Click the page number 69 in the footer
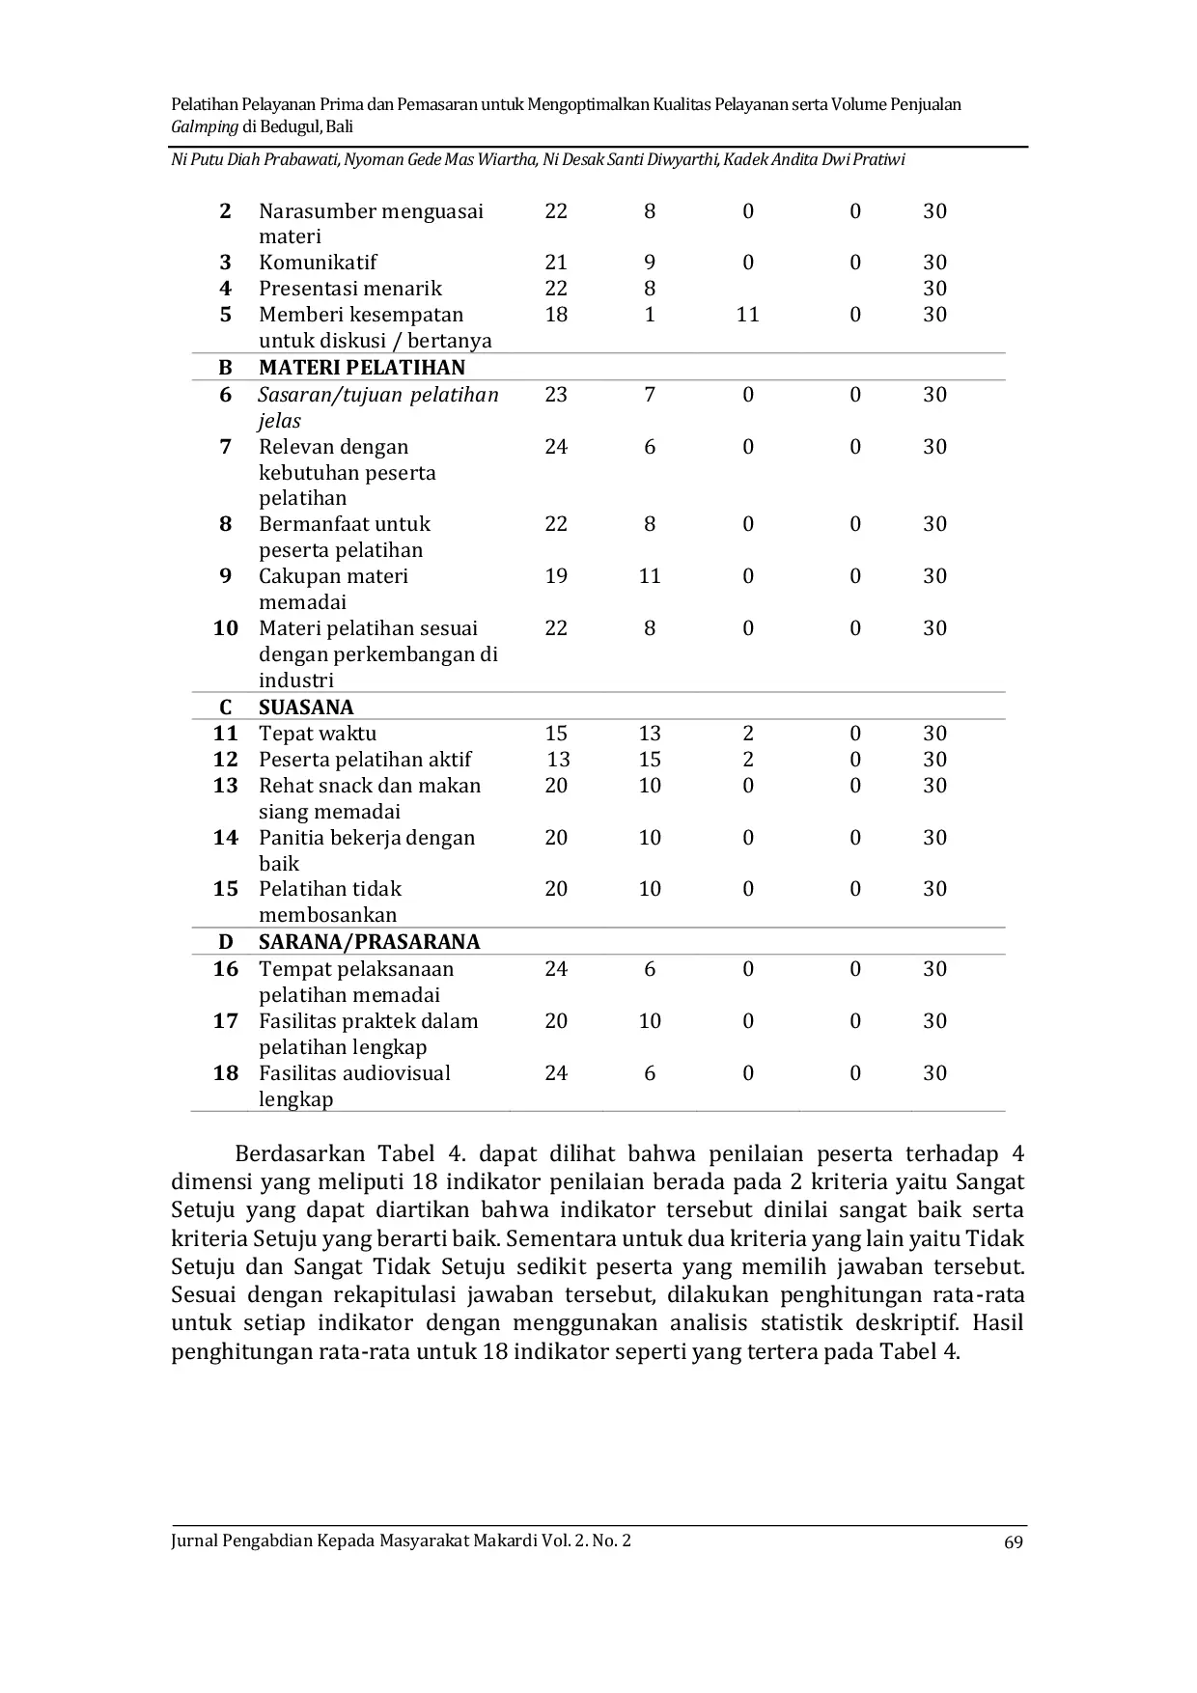pyautogui.click(x=1013, y=1541)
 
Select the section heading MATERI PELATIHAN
pyautogui.click(x=362, y=368)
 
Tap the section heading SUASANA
pyautogui.click(x=306, y=708)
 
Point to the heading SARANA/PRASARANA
pyautogui.click(x=369, y=942)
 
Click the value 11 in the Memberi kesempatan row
pyautogui.click(x=747, y=315)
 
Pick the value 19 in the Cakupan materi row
pyautogui.click(x=556, y=576)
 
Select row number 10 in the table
pyautogui.click(x=226, y=628)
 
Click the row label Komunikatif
pyautogui.click(x=318, y=263)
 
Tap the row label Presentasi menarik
pyautogui.click(x=349, y=289)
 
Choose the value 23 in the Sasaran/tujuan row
pyautogui.click(x=556, y=395)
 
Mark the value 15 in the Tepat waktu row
pyautogui.click(x=556, y=734)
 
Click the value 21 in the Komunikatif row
pyautogui.click(x=556, y=263)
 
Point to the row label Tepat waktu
pyautogui.click(x=318, y=734)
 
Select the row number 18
pyautogui.click(x=226, y=1073)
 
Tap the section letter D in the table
pyautogui.click(x=226, y=942)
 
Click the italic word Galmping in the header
pyautogui.click(x=204, y=127)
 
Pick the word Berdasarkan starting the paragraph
pyautogui.click(x=300, y=1154)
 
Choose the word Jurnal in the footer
pyautogui.click(x=194, y=1540)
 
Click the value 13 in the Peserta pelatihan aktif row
pyautogui.click(x=558, y=760)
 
